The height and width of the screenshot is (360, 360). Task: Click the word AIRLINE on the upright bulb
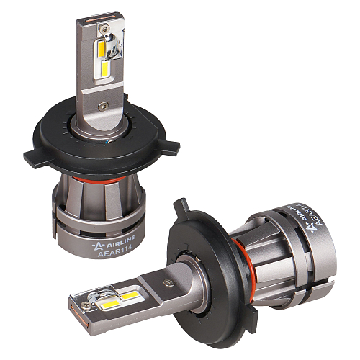120,240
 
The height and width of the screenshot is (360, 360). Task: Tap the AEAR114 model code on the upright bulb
114,251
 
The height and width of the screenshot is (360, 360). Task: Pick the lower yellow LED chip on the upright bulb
105,69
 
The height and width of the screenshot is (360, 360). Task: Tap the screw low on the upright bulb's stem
103,105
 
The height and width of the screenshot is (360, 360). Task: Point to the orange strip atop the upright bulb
100,20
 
